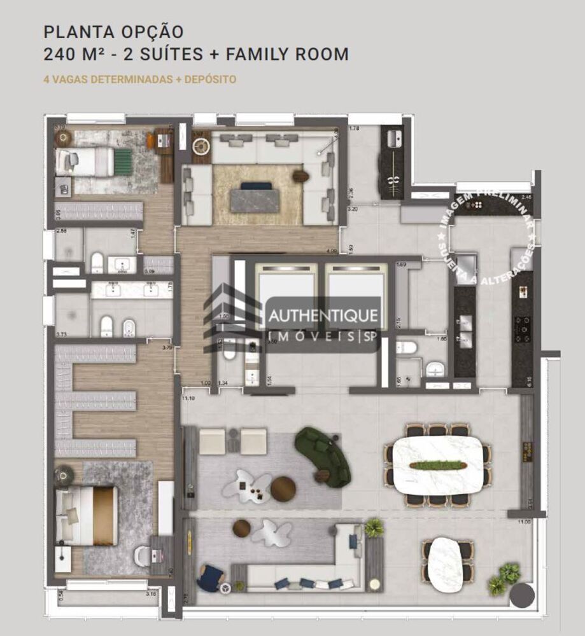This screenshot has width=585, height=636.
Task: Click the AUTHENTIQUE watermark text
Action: point(324,315)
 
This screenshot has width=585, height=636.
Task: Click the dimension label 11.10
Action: point(187,398)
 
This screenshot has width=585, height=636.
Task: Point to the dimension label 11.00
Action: point(524,522)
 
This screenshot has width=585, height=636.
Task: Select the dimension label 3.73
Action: point(62,334)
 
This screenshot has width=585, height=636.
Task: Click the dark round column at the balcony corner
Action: point(523,596)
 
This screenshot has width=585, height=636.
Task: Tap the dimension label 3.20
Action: point(353,209)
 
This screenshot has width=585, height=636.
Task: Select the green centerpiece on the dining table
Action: point(436,465)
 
